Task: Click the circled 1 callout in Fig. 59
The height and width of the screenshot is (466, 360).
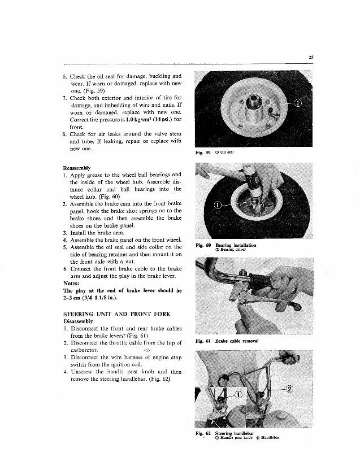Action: tap(299, 104)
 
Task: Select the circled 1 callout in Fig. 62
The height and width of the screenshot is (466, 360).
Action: tap(237, 394)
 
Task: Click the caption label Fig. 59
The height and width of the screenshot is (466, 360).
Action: tap(202, 152)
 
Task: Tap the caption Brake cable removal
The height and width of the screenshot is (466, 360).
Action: tap(236, 342)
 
